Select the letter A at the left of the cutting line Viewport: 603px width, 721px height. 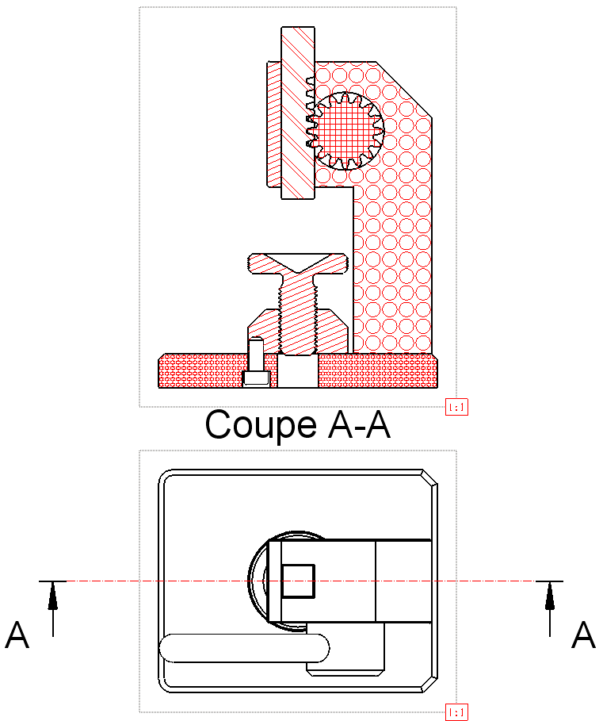tap(17, 635)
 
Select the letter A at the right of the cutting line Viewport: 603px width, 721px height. tap(583, 635)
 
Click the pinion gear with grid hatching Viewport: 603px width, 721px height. tap(344, 130)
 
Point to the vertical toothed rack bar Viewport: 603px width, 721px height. tap(298, 111)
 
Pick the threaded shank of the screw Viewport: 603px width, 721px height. tap(297, 313)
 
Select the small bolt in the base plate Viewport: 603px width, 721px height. tap(255, 362)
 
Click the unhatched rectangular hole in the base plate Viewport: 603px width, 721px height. tap(297, 371)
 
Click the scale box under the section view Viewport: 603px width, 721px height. tap(457, 408)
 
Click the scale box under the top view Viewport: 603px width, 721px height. tap(457, 712)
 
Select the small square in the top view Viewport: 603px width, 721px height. tap(299, 581)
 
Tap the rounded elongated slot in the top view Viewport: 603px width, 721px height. tap(244, 647)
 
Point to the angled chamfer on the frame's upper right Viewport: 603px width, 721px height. tap(404, 87)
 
